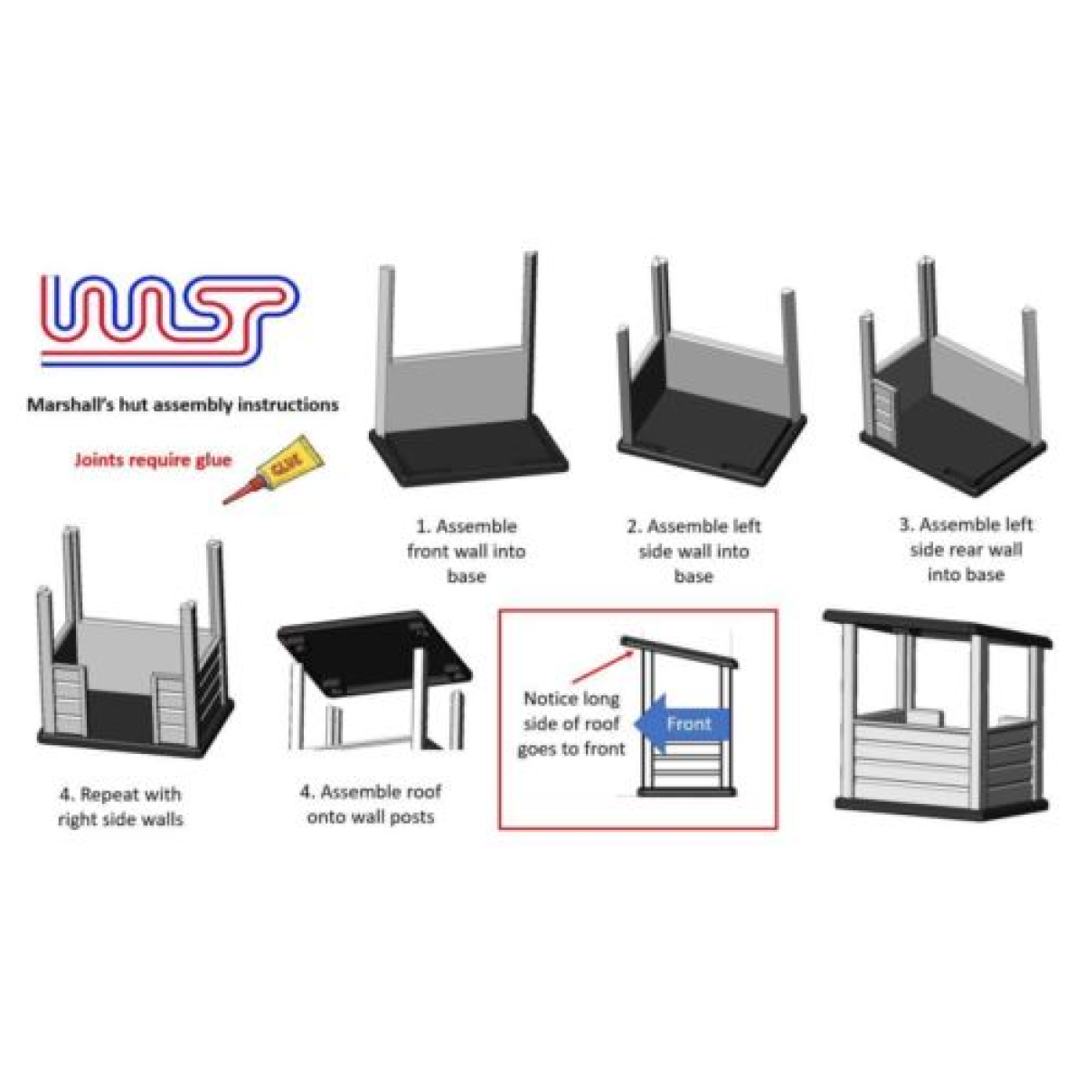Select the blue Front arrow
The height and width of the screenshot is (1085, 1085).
pos(684,724)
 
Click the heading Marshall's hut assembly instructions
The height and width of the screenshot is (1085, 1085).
pos(183,404)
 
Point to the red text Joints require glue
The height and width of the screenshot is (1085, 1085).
pos(153,460)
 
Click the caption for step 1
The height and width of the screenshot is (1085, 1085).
pos(467,551)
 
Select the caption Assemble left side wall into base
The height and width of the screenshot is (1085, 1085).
pos(694,551)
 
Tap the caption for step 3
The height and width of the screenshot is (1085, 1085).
pos(966,549)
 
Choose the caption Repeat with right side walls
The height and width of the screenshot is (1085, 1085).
pos(120,807)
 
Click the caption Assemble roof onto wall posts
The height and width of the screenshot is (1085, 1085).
pos(371,804)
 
